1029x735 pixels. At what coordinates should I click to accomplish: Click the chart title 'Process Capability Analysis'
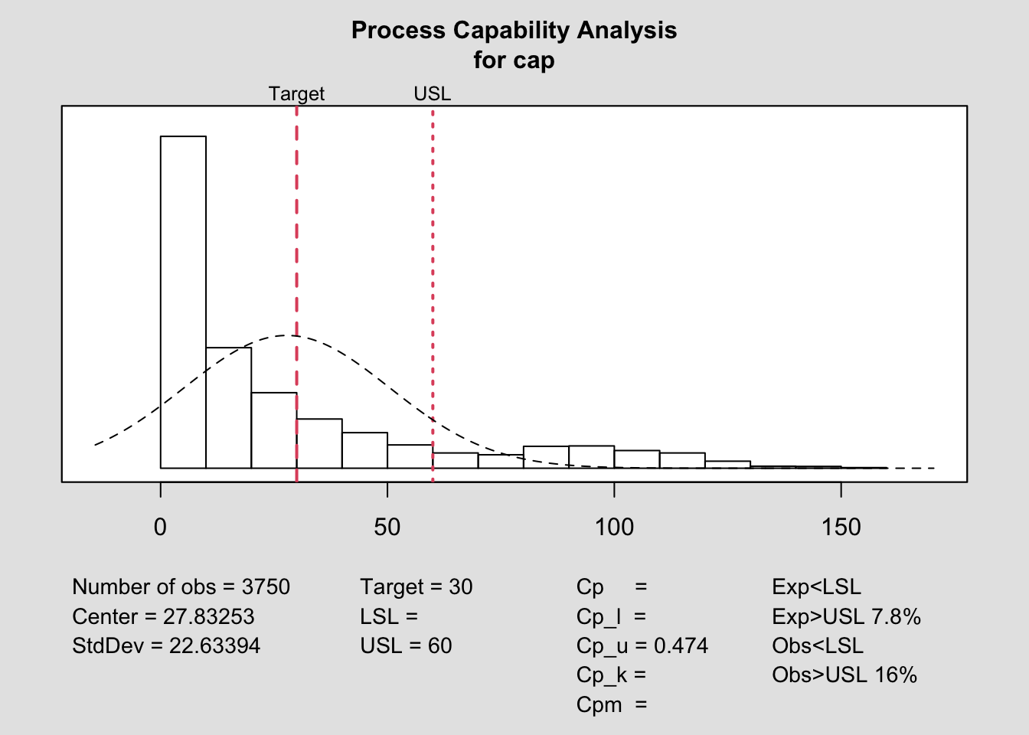(514, 31)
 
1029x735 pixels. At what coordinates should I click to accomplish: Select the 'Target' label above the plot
(296, 94)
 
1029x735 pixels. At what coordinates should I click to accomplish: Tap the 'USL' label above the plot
(433, 94)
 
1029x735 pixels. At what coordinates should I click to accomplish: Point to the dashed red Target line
(296, 230)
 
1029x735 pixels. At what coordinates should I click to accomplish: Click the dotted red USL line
(433, 230)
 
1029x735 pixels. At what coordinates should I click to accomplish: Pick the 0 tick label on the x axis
(160, 527)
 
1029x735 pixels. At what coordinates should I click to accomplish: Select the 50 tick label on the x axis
(387, 527)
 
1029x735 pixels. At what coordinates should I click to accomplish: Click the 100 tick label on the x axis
(614, 527)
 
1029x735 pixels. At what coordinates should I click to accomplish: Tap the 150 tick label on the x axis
(841, 527)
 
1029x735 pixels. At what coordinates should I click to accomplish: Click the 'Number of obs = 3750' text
(181, 587)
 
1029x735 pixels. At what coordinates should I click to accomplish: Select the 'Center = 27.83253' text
(163, 616)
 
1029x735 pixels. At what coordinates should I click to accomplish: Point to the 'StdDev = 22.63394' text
(166, 645)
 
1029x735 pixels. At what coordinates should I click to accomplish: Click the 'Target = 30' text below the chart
(416, 587)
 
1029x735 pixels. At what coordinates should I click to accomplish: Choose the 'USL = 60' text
(406, 645)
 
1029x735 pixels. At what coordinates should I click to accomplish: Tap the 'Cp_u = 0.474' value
(642, 646)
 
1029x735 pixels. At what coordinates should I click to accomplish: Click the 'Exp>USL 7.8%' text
(846, 616)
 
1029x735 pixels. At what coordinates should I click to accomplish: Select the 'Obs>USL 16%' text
(844, 675)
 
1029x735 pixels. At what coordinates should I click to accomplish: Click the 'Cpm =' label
(611, 704)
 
